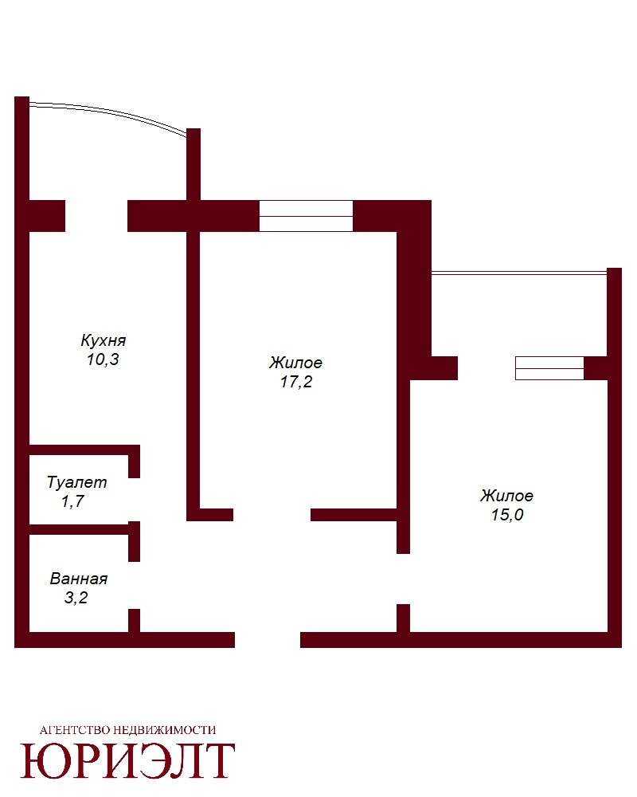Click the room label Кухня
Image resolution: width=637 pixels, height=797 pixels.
[104, 340]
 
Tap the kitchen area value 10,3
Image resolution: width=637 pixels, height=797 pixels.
[103, 359]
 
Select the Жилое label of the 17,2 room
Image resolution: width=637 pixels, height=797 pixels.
[295, 363]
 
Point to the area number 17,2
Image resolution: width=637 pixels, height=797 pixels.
[296, 382]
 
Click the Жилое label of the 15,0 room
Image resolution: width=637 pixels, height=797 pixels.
[506, 496]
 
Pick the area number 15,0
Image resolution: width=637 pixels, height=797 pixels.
[507, 515]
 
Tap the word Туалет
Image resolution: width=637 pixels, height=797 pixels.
[76, 482]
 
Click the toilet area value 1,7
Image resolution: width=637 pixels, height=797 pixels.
[72, 501]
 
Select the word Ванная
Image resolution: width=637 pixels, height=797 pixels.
[79, 579]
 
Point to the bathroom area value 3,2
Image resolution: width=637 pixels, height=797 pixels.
[76, 598]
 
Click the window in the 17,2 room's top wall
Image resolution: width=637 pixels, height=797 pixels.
[306, 216]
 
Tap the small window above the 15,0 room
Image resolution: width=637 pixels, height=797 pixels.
[549, 368]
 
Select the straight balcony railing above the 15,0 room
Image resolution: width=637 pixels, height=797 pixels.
[519, 273]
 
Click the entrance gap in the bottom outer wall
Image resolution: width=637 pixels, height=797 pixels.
[268, 640]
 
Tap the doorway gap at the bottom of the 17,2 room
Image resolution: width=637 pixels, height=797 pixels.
[272, 514]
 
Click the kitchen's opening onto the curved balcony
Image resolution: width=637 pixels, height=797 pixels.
[96, 216]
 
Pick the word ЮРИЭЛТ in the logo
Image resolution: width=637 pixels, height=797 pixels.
[127, 761]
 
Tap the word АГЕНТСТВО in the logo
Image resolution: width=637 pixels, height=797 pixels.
[74, 730]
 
